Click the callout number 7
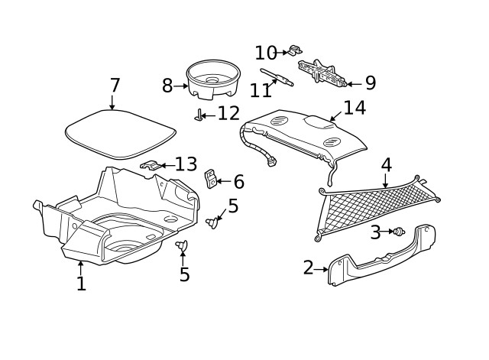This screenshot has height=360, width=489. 115,85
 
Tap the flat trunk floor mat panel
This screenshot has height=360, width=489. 118,134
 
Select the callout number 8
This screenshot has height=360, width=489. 167,86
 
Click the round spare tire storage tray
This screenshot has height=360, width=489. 212,79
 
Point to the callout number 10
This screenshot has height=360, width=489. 266,53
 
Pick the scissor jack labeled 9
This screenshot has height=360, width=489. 321,73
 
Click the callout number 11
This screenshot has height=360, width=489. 261,89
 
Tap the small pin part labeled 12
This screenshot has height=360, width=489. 200,115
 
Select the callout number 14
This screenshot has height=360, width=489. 354,108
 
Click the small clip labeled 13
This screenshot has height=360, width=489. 152,165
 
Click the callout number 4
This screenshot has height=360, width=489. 386,164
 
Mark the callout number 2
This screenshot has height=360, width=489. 308,268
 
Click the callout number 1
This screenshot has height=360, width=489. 81,284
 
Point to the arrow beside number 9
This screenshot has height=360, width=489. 351,84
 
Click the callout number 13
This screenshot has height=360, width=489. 186,164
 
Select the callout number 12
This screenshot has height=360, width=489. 228,114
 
